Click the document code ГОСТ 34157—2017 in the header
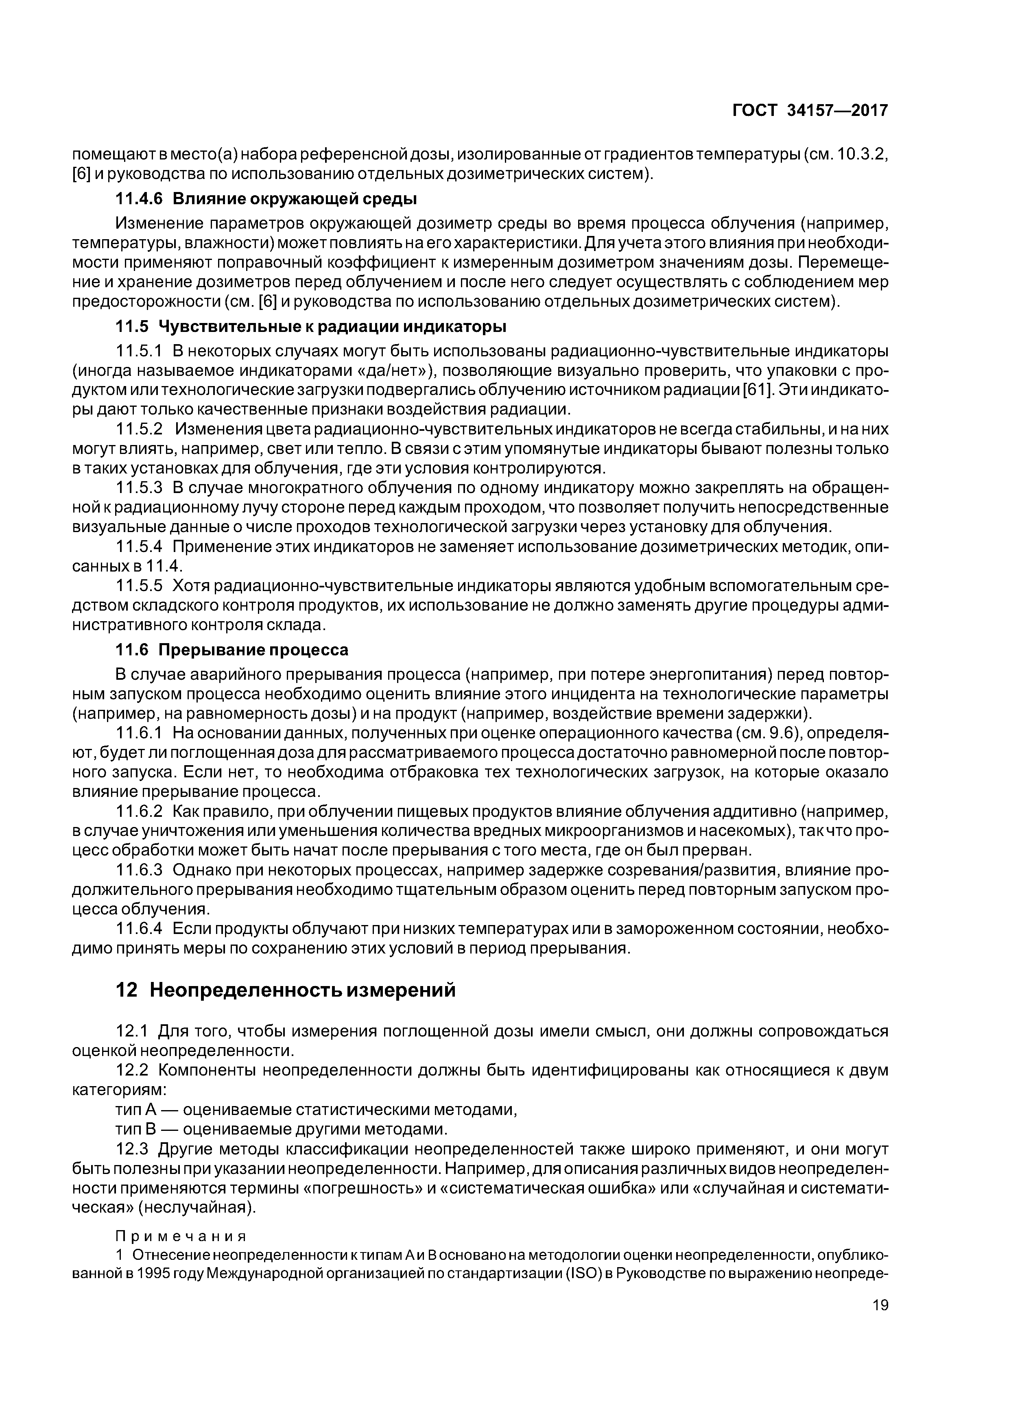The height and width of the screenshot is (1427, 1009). (810, 111)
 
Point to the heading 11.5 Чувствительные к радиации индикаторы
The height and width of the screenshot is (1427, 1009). (311, 326)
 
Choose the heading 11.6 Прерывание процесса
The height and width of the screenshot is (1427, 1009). (232, 650)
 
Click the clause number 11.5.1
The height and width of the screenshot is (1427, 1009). (139, 351)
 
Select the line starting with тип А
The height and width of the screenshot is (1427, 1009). (317, 1109)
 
